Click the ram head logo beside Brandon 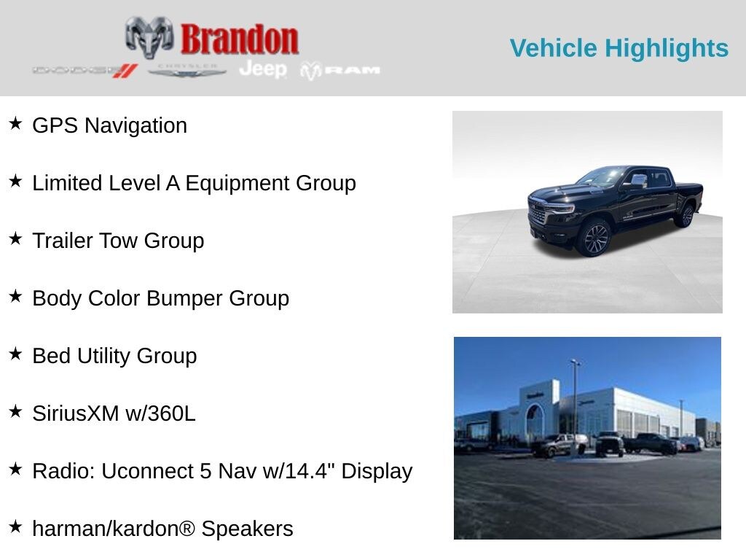149,37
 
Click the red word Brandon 240,39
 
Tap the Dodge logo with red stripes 85,71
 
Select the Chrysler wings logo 187,71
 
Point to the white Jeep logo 263,69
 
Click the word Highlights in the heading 667,49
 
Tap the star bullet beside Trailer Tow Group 16,238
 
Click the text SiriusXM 76,413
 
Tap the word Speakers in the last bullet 248,529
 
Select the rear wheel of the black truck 686,216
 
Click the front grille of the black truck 537,214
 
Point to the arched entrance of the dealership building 534,419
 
